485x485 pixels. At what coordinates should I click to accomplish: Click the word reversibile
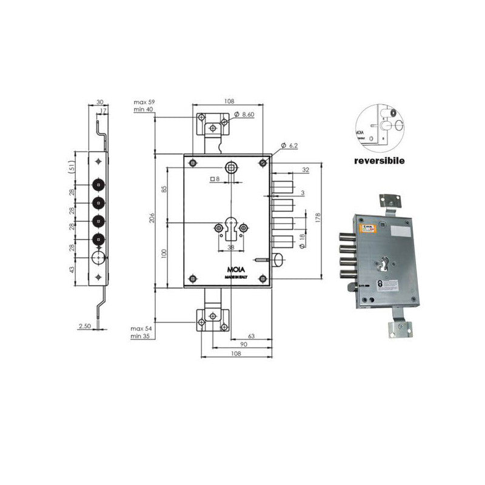pyautogui.click(x=380, y=162)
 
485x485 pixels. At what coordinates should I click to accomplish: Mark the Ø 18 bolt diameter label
pyautogui.click(x=302, y=241)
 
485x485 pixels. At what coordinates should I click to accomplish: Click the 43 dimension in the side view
pyautogui.click(x=72, y=269)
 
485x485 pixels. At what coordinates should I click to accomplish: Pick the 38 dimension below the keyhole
pyautogui.click(x=230, y=247)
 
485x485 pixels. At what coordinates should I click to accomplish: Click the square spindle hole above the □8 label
pyautogui.click(x=232, y=167)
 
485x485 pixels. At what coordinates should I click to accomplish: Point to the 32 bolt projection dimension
pyautogui.click(x=305, y=171)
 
